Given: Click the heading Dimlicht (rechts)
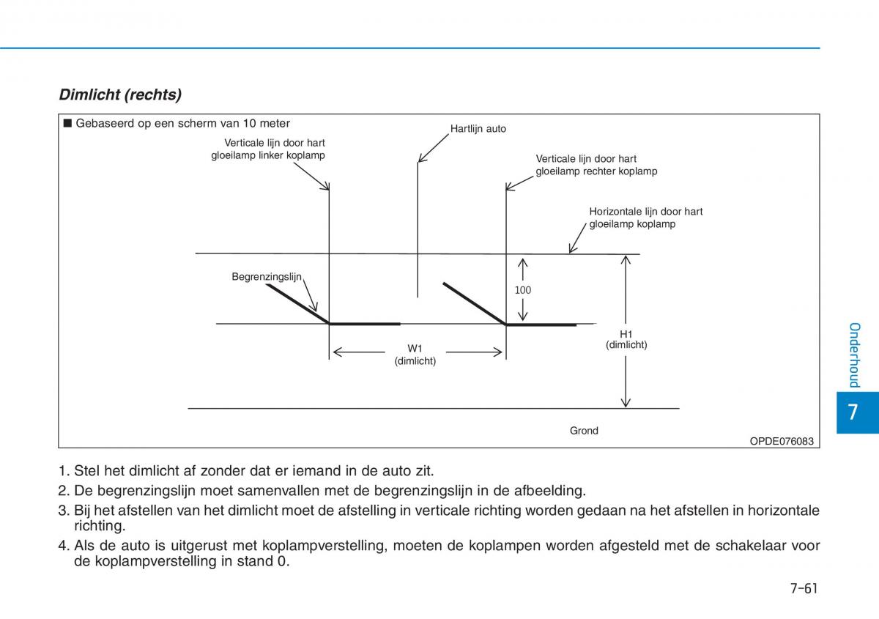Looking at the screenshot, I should click(x=120, y=94).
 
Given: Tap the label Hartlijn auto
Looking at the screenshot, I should click(x=478, y=129).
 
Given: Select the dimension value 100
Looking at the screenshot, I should click(x=522, y=290).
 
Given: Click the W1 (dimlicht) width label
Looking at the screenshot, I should click(x=415, y=355).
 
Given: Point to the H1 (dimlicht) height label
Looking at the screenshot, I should click(x=626, y=339).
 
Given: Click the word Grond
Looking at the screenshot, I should click(x=584, y=431).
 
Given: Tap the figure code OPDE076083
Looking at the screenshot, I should click(x=781, y=441).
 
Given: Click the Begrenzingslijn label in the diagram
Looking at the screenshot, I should click(x=267, y=277).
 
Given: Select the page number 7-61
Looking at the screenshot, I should click(x=804, y=589).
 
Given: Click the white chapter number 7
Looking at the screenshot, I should click(x=852, y=412).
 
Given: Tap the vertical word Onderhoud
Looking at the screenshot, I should click(x=854, y=355).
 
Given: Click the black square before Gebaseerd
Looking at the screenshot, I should click(x=67, y=123).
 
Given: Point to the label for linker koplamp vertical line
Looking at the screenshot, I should click(x=268, y=149).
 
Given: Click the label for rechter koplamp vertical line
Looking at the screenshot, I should click(x=596, y=165).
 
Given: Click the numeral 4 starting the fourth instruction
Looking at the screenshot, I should click(x=62, y=546).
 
